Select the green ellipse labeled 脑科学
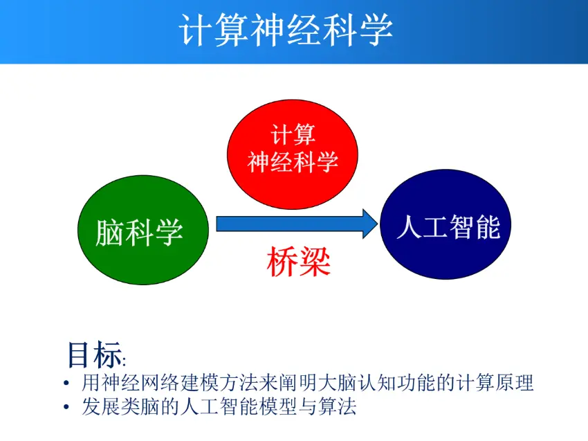(140, 231)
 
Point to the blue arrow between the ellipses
(291, 224)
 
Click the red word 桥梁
(298, 262)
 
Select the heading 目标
(93, 354)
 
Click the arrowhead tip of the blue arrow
(377, 224)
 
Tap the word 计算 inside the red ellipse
(293, 134)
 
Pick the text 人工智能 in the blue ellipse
(448, 226)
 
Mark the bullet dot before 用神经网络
(65, 384)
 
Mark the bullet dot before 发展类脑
(65, 407)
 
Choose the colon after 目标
(125, 361)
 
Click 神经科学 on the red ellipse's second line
(293, 162)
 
